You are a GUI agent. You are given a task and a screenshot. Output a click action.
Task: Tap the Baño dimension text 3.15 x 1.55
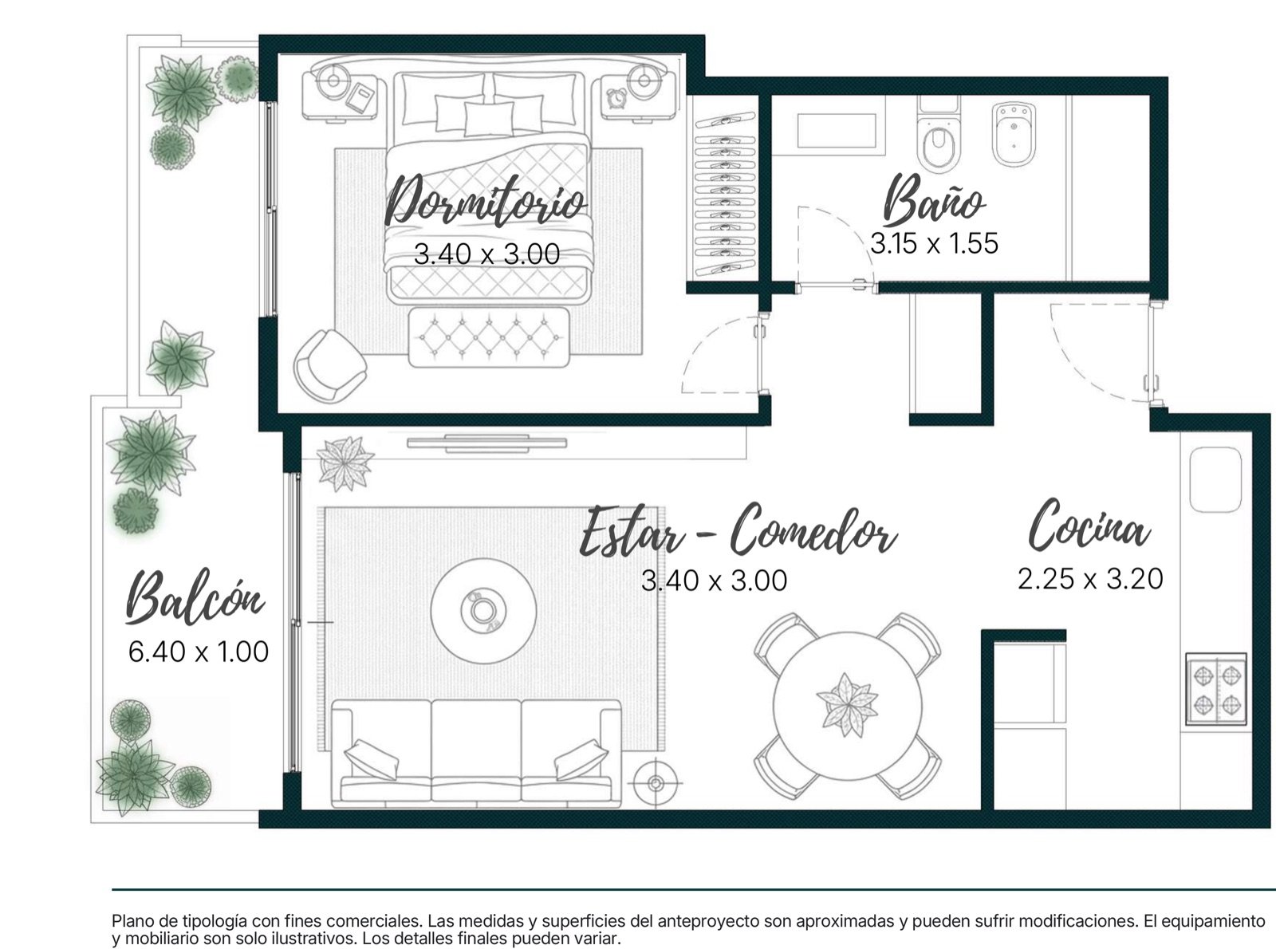click(x=934, y=243)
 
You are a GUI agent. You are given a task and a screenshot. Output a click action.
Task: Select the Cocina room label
click(x=1089, y=525)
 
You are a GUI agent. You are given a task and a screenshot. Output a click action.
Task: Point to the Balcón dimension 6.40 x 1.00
click(x=199, y=652)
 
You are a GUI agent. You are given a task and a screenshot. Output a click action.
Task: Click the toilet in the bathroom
click(x=939, y=136)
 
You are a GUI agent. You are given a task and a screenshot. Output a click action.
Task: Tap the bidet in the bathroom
click(x=1014, y=134)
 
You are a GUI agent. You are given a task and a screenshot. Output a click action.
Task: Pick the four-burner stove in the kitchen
click(x=1216, y=689)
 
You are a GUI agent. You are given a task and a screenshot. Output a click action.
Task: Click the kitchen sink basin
click(x=1215, y=480)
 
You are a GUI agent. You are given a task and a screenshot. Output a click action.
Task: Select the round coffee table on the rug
click(x=483, y=611)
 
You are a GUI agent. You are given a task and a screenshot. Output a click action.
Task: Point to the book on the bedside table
click(x=360, y=97)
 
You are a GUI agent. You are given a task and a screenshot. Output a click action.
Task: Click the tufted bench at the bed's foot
click(x=489, y=337)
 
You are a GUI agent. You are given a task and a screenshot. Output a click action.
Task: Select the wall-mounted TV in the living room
click(x=486, y=443)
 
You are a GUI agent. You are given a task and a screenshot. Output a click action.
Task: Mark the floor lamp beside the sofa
click(x=656, y=783)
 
